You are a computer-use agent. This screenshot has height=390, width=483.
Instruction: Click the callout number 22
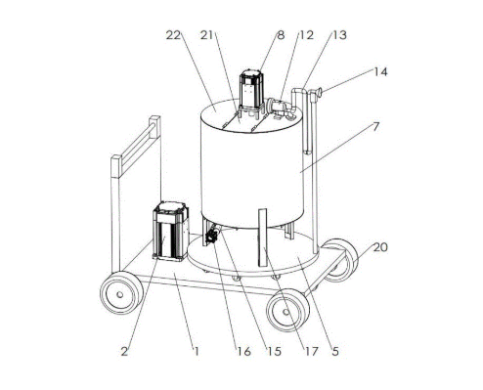coord(173,35)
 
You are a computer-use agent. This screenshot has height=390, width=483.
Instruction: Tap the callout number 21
coord(206,35)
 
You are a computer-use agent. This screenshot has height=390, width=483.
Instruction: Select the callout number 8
coord(281,35)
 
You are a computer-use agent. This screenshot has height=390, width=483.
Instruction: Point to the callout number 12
coord(306,35)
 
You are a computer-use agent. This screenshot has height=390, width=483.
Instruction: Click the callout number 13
coord(339,35)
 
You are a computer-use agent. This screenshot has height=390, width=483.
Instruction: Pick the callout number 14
coord(380,71)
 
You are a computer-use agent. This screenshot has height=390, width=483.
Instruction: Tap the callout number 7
coord(376,127)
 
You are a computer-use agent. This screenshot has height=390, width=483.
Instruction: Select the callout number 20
coord(380,247)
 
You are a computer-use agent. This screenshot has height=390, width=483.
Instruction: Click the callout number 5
coord(335,351)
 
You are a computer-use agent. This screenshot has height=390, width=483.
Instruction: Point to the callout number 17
coord(311,351)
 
